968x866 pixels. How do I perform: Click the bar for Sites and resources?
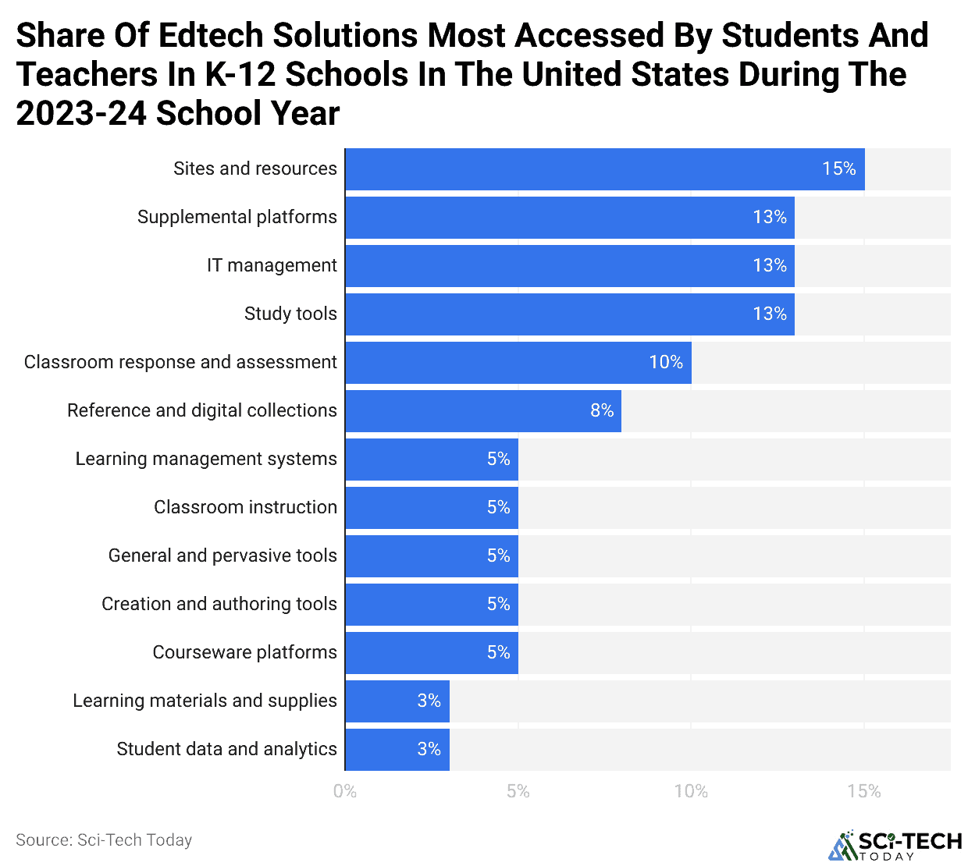(605, 169)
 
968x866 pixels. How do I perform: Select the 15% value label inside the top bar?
(838, 169)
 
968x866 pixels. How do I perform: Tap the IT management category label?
(272, 266)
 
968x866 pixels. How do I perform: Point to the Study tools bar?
(570, 314)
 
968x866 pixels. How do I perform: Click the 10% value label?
(666, 363)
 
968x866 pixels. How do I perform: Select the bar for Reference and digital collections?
(483, 411)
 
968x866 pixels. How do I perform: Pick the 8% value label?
(601, 411)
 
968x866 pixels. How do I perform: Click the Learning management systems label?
(206, 460)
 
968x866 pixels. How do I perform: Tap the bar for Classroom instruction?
(432, 508)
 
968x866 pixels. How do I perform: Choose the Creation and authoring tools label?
(219, 605)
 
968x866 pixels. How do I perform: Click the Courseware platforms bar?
(432, 653)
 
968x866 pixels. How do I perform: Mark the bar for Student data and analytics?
(397, 750)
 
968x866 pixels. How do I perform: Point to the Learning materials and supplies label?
(205, 701)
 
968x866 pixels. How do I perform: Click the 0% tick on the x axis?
(345, 792)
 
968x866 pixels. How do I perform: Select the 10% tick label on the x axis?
(691, 792)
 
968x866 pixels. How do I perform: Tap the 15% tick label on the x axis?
(864, 792)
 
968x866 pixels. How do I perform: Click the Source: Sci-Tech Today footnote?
(104, 840)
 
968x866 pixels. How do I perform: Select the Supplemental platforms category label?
(237, 218)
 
